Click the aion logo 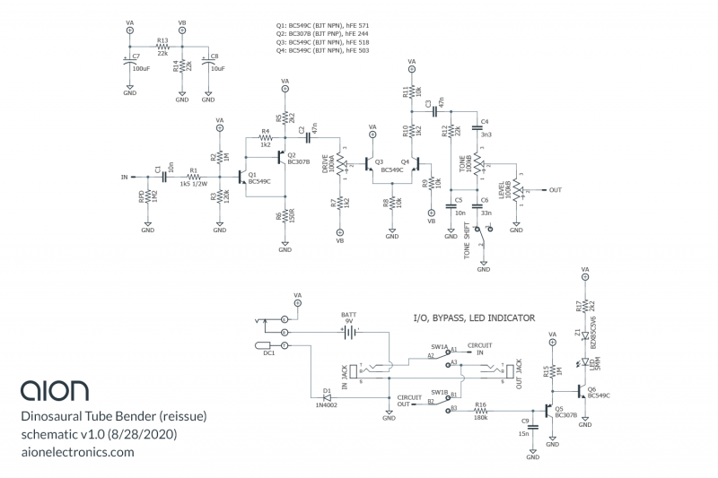click(x=55, y=389)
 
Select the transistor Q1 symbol click(x=241, y=177)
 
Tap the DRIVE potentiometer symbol click(x=340, y=165)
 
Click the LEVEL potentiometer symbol click(x=518, y=191)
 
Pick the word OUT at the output click(x=556, y=190)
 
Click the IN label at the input click(x=125, y=178)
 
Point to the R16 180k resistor click(x=481, y=411)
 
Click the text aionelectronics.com click(x=77, y=452)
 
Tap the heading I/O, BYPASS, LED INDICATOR click(x=473, y=317)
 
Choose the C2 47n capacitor click(x=308, y=138)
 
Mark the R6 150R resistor click(x=285, y=216)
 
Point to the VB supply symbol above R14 click(x=182, y=29)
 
